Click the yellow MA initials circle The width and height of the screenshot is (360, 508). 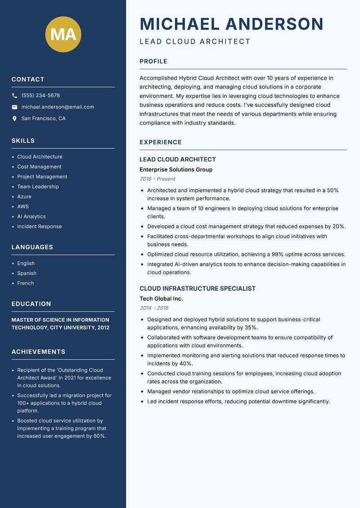tap(63, 34)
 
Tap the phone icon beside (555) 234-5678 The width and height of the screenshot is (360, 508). tap(14, 96)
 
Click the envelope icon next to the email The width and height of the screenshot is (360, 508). tap(14, 107)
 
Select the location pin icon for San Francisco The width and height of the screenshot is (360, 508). tap(14, 119)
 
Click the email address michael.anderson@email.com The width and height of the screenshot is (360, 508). tap(58, 107)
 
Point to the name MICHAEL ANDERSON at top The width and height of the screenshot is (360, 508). tap(231, 24)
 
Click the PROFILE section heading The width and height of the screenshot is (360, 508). tap(153, 61)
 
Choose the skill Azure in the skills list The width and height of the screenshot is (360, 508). tap(24, 196)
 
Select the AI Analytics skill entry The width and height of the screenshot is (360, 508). tap(31, 216)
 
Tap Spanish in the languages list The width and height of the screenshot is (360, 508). tap(27, 273)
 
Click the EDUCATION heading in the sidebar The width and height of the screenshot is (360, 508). tap(31, 304)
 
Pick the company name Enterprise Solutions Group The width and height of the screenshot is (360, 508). tap(176, 169)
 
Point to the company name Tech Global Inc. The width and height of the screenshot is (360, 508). tap(161, 299)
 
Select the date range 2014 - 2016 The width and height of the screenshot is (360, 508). tap(154, 308)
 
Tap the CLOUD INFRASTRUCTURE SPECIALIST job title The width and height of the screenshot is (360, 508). tap(198, 288)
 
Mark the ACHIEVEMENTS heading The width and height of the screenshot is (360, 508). tap(38, 352)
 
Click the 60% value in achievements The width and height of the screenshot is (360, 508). tap(99, 436)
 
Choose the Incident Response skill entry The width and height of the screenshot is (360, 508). tap(40, 226)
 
